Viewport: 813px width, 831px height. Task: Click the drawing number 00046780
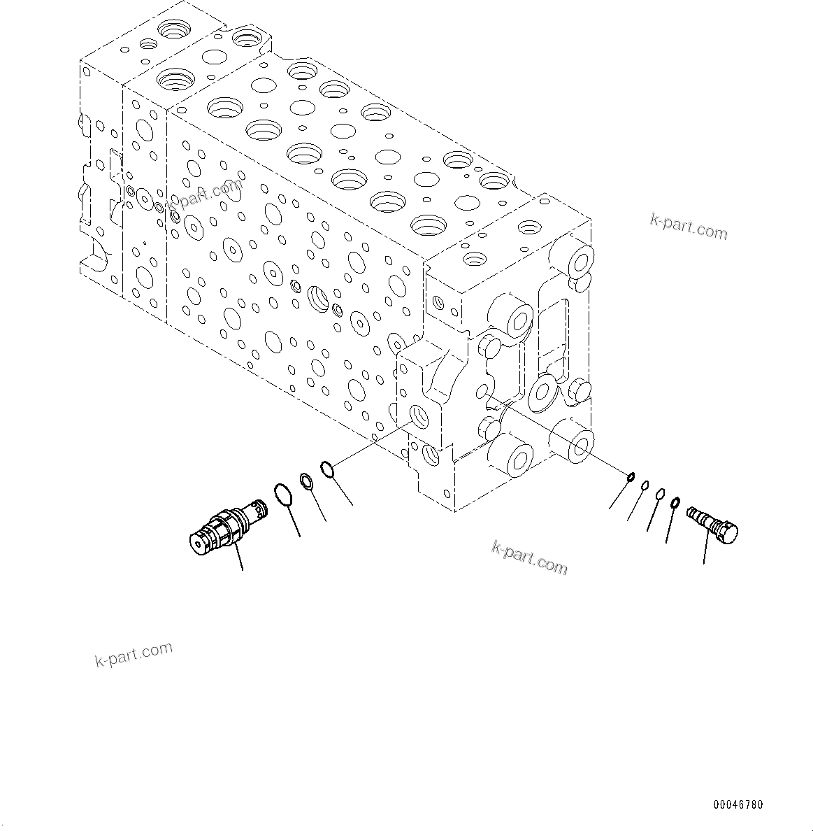[738, 805]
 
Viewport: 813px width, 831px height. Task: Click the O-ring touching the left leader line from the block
[328, 468]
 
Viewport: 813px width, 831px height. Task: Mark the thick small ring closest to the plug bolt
[675, 502]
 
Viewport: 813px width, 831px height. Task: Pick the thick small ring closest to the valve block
[631, 477]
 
